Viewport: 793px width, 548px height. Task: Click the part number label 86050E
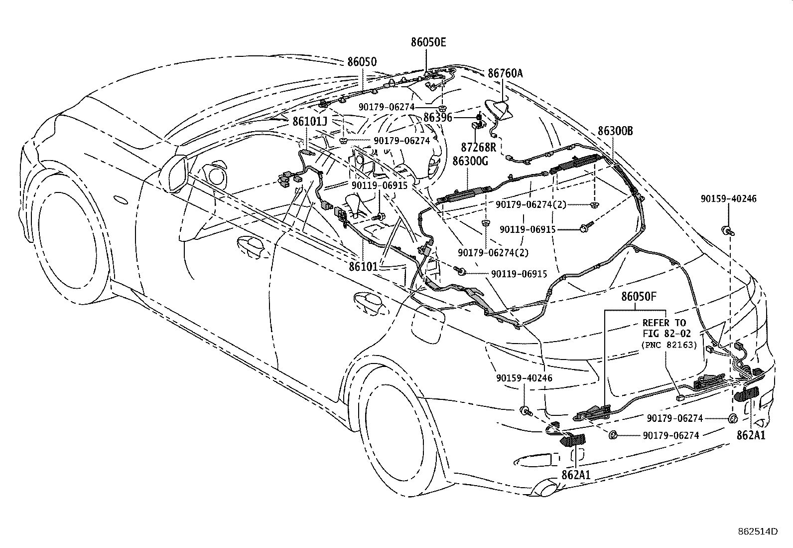[428, 42]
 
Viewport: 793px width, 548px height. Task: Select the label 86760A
[505, 73]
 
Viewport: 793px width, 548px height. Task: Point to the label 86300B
[615, 131]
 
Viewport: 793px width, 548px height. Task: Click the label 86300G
[470, 161]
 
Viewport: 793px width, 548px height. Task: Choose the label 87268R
[479, 147]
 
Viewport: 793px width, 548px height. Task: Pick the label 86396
[438, 118]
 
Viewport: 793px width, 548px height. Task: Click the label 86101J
[310, 122]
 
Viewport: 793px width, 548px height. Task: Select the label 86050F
[639, 296]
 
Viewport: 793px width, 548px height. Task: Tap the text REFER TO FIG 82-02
[664, 328]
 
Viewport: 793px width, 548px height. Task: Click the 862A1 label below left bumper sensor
[576, 475]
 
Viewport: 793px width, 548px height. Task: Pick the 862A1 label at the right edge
[751, 435]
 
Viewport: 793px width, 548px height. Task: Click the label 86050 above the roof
[362, 62]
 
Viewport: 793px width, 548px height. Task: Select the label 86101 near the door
[363, 267]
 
